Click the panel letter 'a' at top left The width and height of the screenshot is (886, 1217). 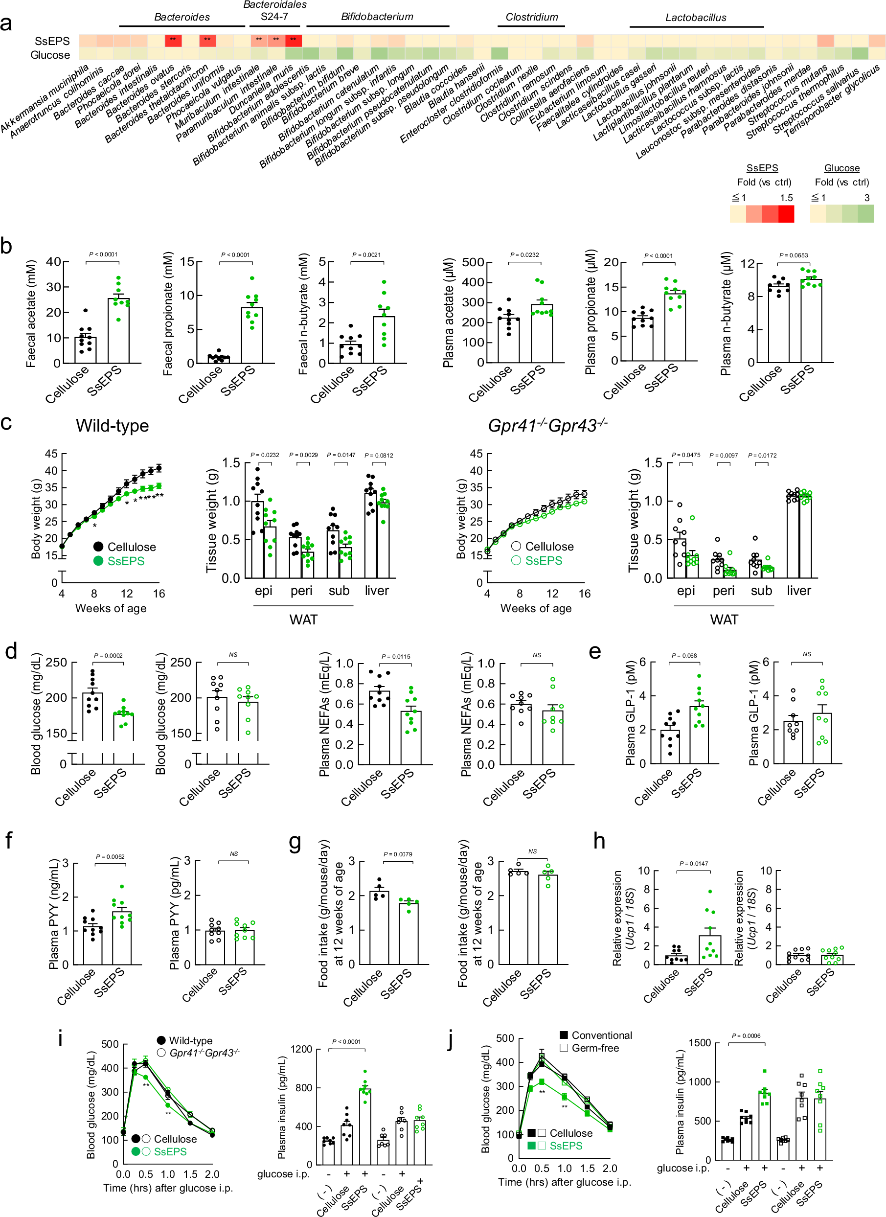click(6, 24)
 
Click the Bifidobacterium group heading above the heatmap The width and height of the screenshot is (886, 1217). click(377, 17)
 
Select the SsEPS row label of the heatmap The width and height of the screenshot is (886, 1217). click(52, 41)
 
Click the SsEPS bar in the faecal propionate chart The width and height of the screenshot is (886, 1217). click(251, 334)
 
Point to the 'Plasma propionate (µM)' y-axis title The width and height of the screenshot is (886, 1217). click(591, 312)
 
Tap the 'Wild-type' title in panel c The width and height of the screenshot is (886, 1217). click(112, 426)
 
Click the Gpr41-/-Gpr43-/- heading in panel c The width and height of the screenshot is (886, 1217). click(547, 426)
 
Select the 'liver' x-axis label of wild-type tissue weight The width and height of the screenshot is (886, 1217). click(377, 591)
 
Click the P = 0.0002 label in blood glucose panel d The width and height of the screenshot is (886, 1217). click(108, 655)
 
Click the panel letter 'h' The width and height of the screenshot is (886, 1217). click(599, 841)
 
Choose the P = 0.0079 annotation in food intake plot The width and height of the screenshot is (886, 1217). click(397, 854)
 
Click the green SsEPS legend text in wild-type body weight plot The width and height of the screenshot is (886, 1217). click(126, 561)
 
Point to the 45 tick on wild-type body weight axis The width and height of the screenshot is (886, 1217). click(51, 454)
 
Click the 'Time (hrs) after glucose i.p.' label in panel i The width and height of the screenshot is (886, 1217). click(168, 1188)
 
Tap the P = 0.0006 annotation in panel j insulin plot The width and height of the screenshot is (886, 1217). click(746, 1035)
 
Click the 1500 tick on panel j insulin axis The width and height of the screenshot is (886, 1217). click(700, 1043)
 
